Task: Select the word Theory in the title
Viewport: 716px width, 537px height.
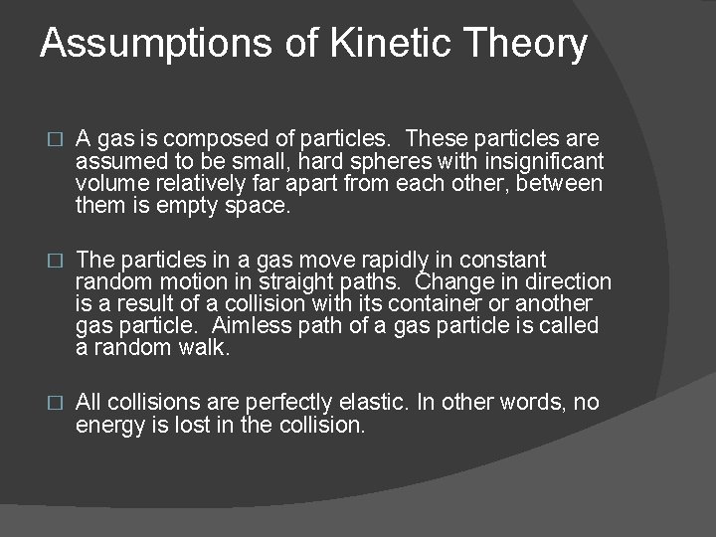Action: point(527,45)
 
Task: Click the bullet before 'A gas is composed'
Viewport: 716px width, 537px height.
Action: point(55,138)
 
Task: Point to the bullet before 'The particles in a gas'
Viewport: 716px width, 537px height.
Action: point(55,261)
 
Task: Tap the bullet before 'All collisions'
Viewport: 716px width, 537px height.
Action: point(55,403)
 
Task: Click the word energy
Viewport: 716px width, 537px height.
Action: point(109,426)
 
